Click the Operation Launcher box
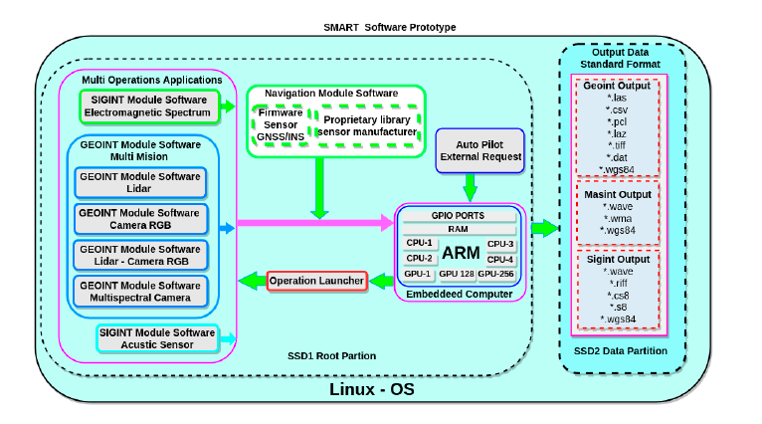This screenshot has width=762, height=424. [316, 282]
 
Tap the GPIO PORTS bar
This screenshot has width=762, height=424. [459, 215]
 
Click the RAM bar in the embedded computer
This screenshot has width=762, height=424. [459, 229]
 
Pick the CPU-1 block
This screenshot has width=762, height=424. [419, 244]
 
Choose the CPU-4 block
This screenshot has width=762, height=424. [500, 258]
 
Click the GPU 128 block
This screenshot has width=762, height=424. [457, 273]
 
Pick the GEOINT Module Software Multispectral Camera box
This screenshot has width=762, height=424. [139, 292]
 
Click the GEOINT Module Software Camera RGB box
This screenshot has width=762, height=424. [139, 219]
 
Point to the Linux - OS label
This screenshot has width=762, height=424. [371, 389]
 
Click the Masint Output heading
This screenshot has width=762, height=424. [619, 195]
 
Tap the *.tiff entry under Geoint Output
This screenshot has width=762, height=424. [619, 145]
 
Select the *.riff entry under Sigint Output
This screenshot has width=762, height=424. [619, 283]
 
